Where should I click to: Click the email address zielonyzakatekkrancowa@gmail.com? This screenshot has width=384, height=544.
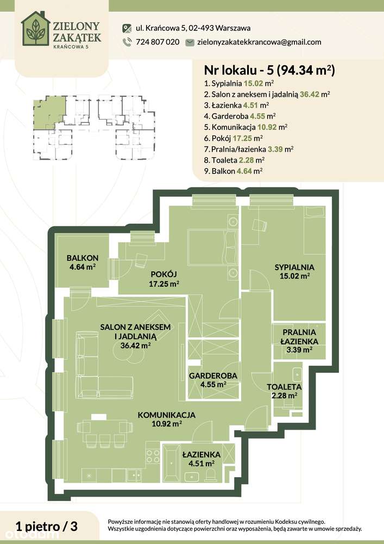click(x=259, y=42)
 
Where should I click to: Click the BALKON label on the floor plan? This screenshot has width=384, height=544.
click(x=82, y=258)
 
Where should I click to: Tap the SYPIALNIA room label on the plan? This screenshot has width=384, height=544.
click(x=294, y=267)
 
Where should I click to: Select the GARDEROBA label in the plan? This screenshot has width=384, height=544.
click(x=212, y=375)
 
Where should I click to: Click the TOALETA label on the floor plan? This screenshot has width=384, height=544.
click(x=284, y=386)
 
